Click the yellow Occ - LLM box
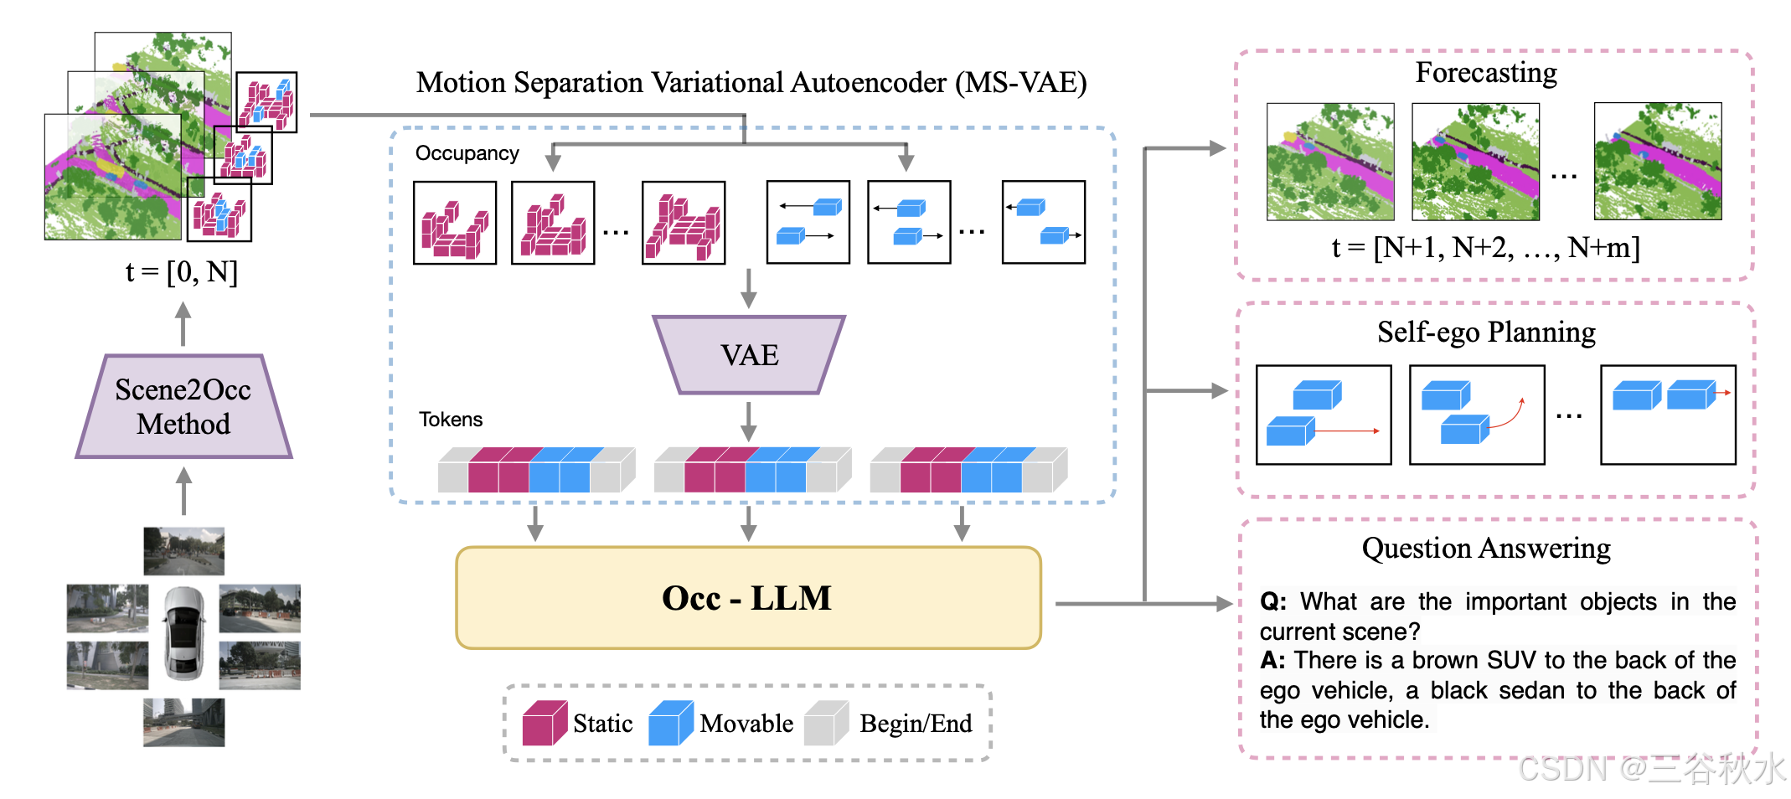tap(748, 598)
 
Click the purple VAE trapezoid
tap(749, 355)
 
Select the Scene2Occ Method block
tap(183, 407)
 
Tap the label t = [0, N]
tap(182, 271)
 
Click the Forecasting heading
tap(1486, 73)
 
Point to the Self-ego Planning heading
tap(1486, 332)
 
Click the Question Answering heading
tap(1486, 549)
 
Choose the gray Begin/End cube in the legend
tap(825, 724)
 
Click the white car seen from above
tap(184, 632)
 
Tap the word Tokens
tap(451, 420)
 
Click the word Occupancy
tap(467, 153)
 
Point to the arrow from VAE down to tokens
tap(749, 420)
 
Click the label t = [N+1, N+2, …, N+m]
tap(1485, 248)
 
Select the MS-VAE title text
tap(751, 83)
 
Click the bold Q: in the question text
tap(1273, 601)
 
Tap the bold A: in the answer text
tap(1272, 660)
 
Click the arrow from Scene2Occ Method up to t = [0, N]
tap(183, 323)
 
